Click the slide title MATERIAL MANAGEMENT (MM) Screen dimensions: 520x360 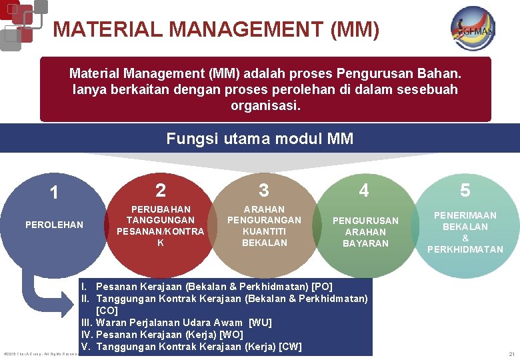(x=217, y=29)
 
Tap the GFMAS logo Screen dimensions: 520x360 (x=473, y=28)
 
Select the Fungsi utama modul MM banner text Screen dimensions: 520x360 (x=260, y=139)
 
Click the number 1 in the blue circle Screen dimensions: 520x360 (x=54, y=193)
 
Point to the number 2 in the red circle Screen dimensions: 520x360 (x=160, y=190)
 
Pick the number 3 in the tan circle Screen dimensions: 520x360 (x=264, y=190)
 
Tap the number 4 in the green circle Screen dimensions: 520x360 (x=364, y=190)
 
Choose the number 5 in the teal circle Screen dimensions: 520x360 (x=465, y=191)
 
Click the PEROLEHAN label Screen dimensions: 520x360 (x=54, y=225)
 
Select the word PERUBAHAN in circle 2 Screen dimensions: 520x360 (x=161, y=209)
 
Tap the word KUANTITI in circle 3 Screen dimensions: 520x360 (x=264, y=231)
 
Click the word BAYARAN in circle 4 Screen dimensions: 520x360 (x=365, y=243)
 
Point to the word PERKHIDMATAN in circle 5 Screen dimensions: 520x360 (x=465, y=249)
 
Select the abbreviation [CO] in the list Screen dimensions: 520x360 (x=107, y=311)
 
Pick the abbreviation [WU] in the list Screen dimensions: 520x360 (x=260, y=323)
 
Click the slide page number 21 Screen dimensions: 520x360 (x=511, y=353)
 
